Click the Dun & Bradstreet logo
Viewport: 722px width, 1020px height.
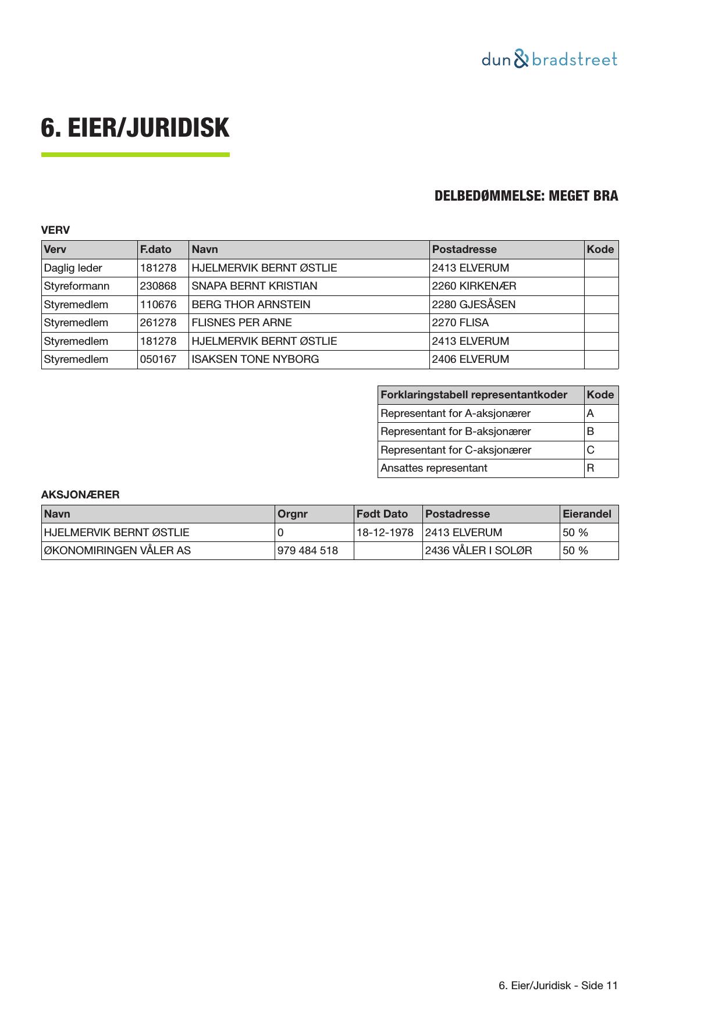pyautogui.click(x=549, y=59)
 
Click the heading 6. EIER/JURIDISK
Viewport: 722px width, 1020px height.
pyautogui.click(x=135, y=128)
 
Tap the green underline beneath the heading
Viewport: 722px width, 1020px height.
pyautogui.click(x=135, y=155)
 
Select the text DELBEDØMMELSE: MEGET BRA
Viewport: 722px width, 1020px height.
pyautogui.click(x=526, y=196)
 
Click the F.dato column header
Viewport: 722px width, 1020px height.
pyautogui.click(x=155, y=249)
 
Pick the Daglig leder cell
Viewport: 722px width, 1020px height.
pyautogui.click(x=73, y=268)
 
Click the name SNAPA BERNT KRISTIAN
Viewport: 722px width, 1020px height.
pyautogui.click(x=254, y=286)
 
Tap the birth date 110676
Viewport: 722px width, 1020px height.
pyautogui.click(x=158, y=304)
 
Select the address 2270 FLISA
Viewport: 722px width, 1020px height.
pyautogui.click(x=460, y=323)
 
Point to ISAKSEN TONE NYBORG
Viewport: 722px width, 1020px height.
pyautogui.click(x=255, y=359)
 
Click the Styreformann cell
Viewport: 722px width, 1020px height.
pyautogui.click(x=77, y=286)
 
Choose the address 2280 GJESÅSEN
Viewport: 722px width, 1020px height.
pyautogui.click(x=474, y=304)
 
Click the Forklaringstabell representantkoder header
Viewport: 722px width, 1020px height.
pyautogui.click(x=474, y=395)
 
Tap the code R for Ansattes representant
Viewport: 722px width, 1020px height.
pyautogui.click(x=591, y=468)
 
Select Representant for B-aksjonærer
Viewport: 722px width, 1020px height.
pyautogui.click(x=456, y=431)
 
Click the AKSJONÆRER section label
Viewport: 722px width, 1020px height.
pyautogui.click(x=80, y=495)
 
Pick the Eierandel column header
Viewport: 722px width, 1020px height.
pyautogui.click(x=587, y=514)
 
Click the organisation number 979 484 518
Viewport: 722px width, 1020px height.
pyautogui.click(x=308, y=551)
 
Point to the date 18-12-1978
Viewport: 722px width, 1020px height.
pyautogui.click(x=385, y=532)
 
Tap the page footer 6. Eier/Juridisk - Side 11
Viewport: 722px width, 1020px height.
pyautogui.click(x=558, y=986)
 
